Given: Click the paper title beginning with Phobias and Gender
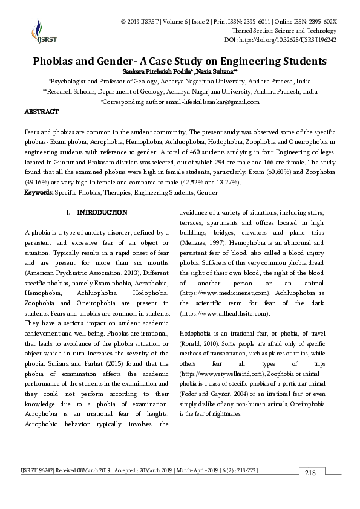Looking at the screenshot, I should point(180,61).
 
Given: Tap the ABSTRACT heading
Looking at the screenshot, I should point(41,112).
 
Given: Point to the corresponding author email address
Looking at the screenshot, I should point(206,102).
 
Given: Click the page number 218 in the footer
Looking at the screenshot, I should point(310,472).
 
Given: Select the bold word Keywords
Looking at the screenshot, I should point(38,192).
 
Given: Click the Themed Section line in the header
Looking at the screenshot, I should point(284,31).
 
